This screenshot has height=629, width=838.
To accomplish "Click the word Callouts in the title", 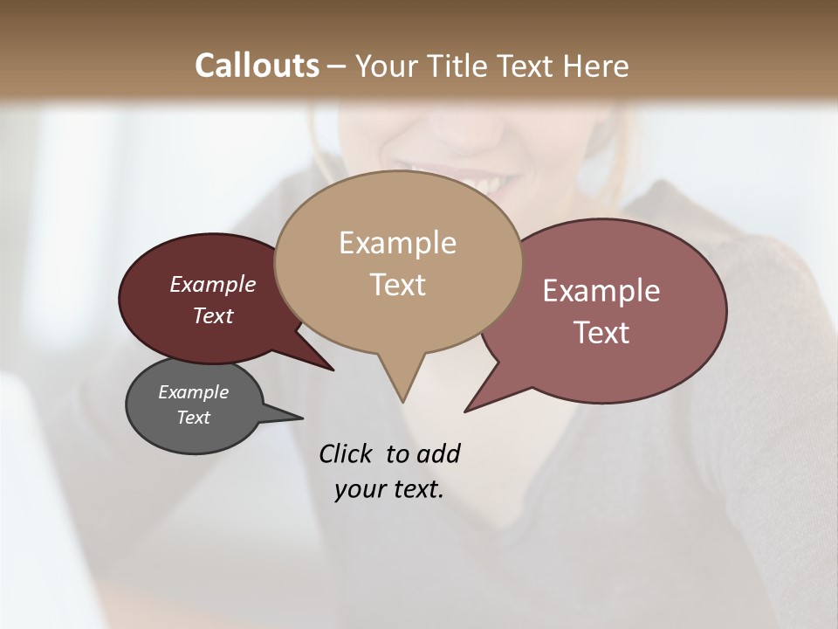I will point(257,66).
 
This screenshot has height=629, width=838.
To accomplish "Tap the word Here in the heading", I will point(596,66).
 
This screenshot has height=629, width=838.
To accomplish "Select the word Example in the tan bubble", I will point(397,243).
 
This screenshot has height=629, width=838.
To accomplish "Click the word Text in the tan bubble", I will point(397,285).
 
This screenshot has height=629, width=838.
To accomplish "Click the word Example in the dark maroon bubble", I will point(213,284).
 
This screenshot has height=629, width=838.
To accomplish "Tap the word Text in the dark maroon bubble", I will point(213,315).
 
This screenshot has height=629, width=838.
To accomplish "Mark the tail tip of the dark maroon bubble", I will point(333,370).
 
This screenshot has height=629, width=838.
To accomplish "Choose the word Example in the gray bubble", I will point(193,392).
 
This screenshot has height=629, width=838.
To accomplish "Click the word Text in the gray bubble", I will point(193,418).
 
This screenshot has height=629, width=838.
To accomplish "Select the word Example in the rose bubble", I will point(601,291).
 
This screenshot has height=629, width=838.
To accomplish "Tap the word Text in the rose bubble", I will point(601,332).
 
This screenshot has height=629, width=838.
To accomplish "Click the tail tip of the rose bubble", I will point(466,411).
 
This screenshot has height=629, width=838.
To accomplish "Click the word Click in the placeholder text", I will point(346,453).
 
